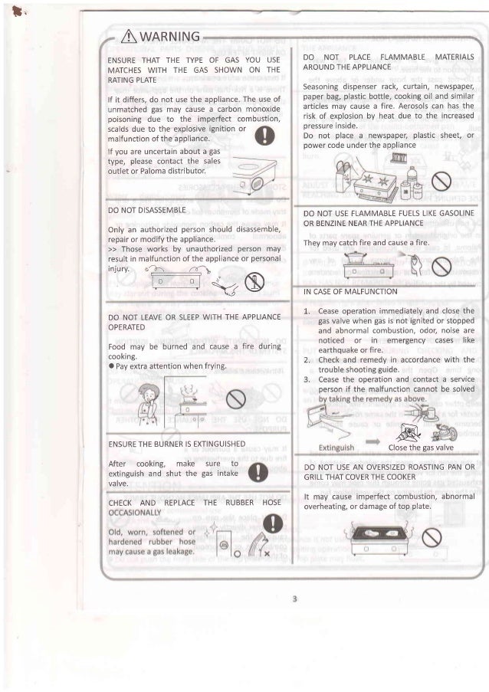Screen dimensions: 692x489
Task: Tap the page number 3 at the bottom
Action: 294,598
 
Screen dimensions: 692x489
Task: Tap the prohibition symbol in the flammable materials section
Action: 440,181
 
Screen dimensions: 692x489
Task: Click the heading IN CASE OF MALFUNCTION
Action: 350,292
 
